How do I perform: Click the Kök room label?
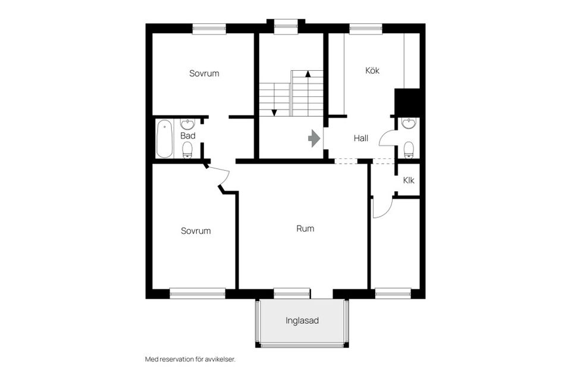click(x=372, y=70)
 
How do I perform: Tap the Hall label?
click(x=361, y=138)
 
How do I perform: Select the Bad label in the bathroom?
click(x=188, y=136)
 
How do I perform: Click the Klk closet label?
click(x=409, y=180)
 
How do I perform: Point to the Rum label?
click(x=305, y=229)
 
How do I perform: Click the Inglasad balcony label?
click(x=302, y=321)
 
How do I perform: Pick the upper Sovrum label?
click(x=204, y=73)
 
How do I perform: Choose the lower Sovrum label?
click(x=196, y=231)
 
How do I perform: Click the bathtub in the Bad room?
click(x=164, y=139)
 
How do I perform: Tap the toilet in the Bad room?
click(x=187, y=150)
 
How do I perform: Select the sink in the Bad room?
click(x=188, y=124)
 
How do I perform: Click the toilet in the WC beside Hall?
click(x=409, y=150)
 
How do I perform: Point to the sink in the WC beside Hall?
click(x=409, y=123)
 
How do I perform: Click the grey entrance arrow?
click(x=314, y=139)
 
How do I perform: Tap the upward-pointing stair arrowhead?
click(x=308, y=74)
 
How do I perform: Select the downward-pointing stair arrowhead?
click(x=274, y=113)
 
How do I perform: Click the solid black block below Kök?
click(x=407, y=102)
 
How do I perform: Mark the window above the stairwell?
click(x=286, y=26)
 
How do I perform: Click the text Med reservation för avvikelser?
click(x=190, y=359)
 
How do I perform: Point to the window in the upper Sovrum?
click(x=209, y=29)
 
